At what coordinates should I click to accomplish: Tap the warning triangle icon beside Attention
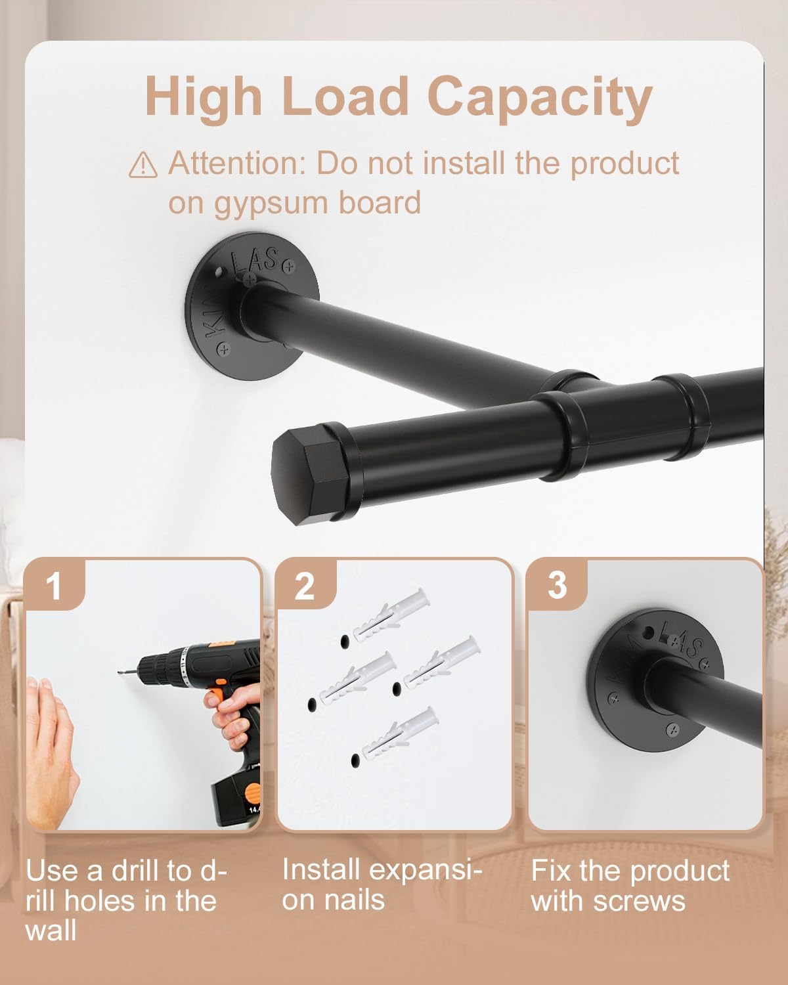click(143, 165)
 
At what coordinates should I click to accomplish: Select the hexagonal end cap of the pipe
click(311, 476)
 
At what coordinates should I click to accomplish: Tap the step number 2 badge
click(305, 586)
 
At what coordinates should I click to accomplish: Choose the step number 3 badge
click(558, 585)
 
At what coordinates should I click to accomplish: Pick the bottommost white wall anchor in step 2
click(400, 733)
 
